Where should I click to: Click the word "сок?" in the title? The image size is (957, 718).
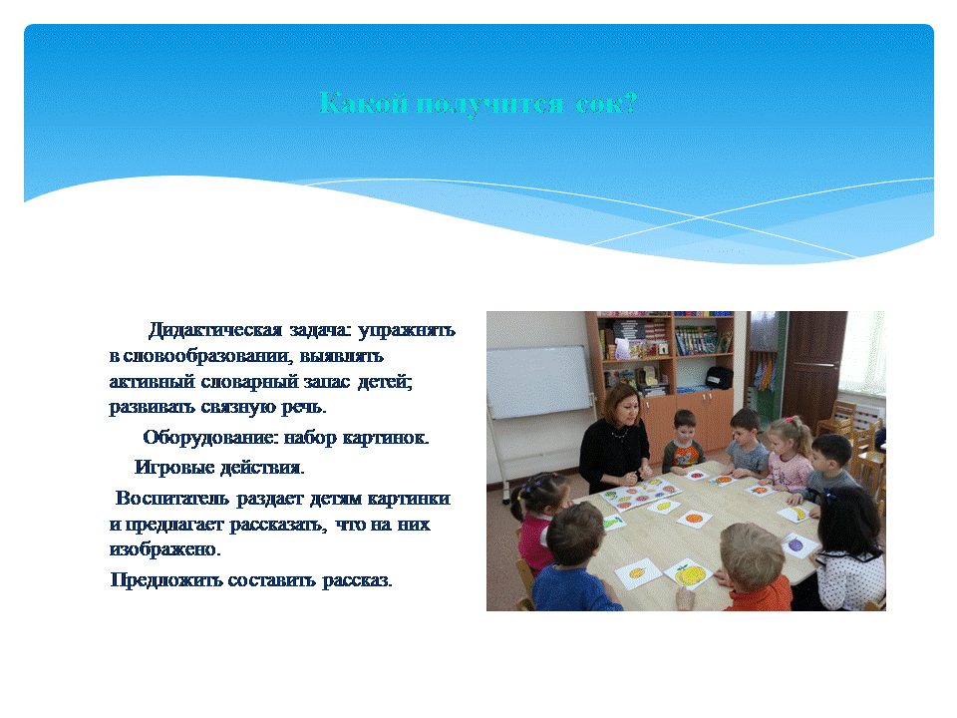click(x=606, y=103)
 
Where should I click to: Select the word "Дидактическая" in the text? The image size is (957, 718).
click(x=215, y=330)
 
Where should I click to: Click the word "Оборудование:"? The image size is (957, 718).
click(x=210, y=438)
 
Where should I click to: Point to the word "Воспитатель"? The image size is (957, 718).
click(x=172, y=499)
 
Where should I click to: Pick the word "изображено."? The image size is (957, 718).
click(x=164, y=549)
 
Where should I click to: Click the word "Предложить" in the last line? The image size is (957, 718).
click(x=166, y=579)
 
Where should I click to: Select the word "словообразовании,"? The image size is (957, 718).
click(x=208, y=356)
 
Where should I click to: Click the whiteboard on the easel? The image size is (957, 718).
click(x=539, y=382)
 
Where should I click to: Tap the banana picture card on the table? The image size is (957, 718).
click(x=797, y=514)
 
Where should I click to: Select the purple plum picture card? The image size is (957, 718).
click(x=797, y=544)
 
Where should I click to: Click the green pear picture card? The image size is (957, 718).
click(x=613, y=523)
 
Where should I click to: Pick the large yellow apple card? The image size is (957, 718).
click(x=690, y=574)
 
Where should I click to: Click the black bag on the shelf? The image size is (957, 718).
click(x=719, y=377)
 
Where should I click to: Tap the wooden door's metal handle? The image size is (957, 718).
click(x=824, y=365)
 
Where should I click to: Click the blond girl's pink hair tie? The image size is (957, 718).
click(x=793, y=420)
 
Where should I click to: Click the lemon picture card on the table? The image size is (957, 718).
click(x=664, y=506)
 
